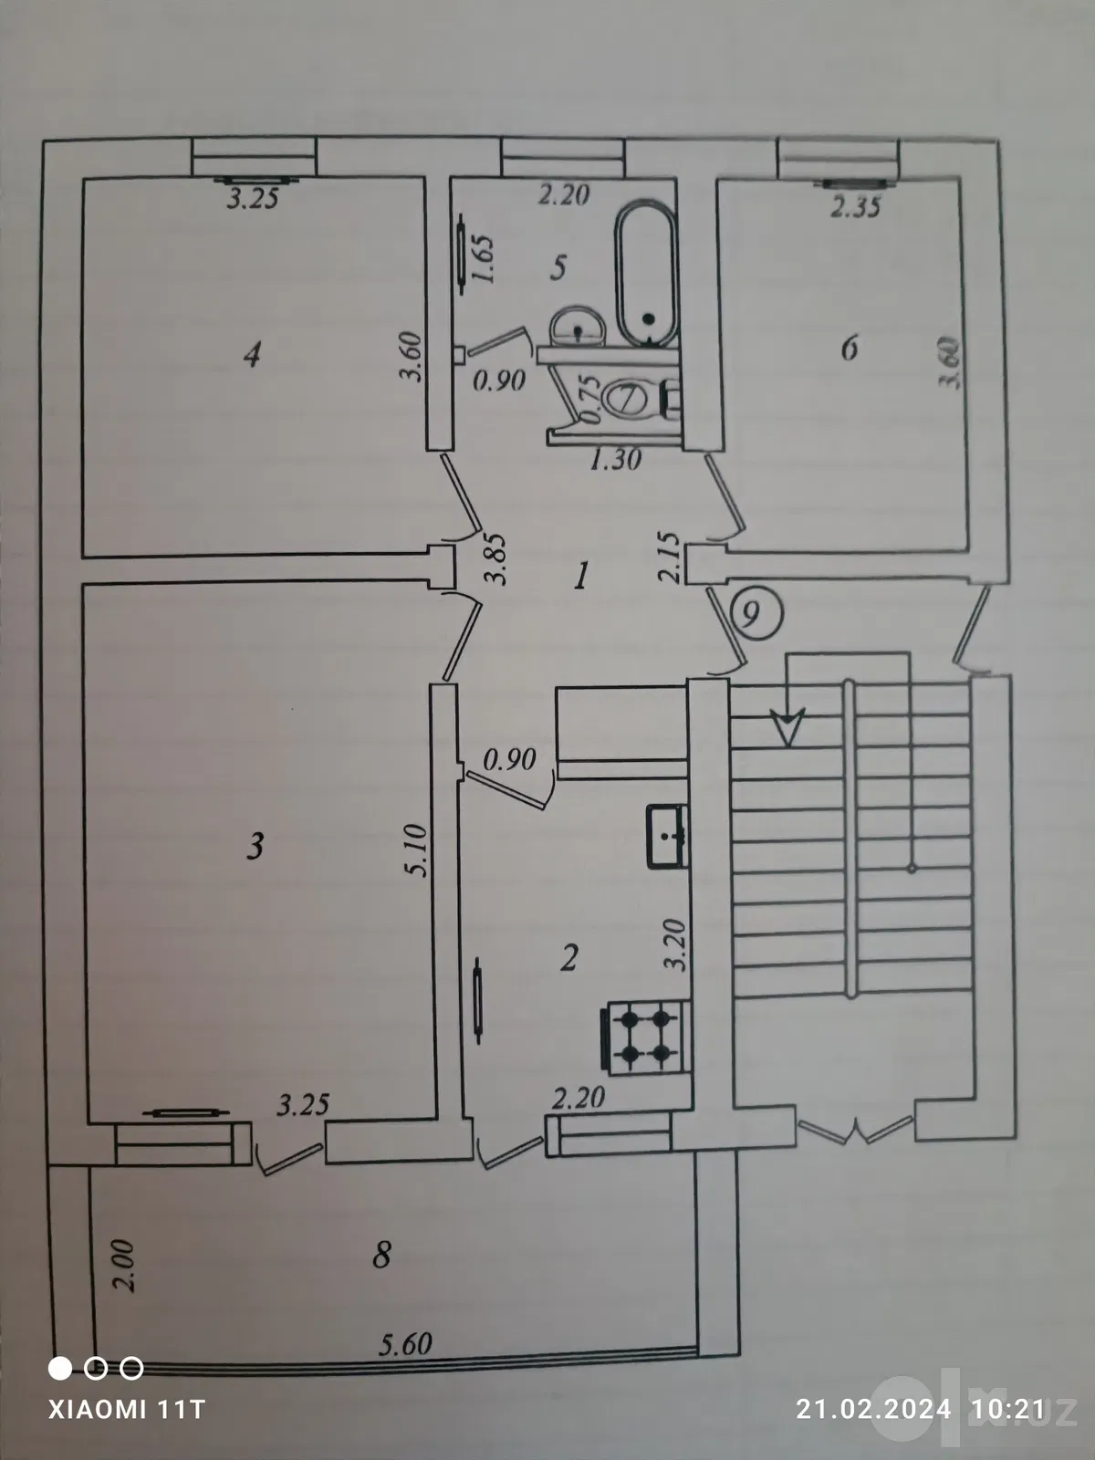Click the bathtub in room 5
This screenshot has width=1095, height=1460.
[x=647, y=274]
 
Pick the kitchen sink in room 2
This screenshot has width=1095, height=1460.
[x=667, y=836]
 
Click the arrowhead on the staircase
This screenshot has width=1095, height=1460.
[x=787, y=726]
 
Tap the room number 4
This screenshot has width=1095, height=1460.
[x=252, y=355]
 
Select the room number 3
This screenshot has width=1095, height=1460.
[x=255, y=846]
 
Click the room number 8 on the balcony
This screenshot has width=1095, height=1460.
[x=381, y=1255]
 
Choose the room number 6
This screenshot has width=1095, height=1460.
[x=850, y=348]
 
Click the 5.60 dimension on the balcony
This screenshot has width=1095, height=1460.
[x=405, y=1344]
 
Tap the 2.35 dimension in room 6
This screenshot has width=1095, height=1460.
[x=856, y=208]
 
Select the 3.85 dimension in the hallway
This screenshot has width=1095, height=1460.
[x=496, y=559]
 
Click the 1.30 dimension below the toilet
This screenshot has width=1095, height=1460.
[x=616, y=459]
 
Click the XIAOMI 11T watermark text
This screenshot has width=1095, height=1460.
[x=126, y=1408]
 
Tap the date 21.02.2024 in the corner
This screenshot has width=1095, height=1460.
[x=874, y=1408]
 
